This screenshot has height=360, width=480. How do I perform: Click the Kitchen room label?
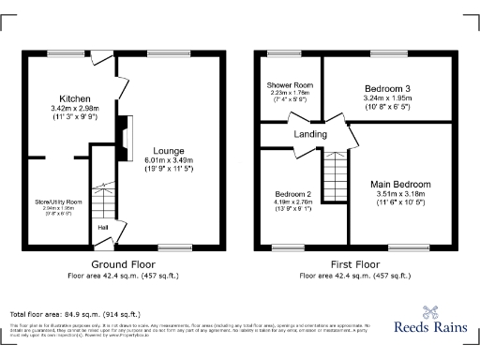coord(73,98)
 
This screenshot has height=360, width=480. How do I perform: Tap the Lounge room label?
coord(169,150)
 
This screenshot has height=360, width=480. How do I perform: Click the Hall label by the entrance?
coord(101,226)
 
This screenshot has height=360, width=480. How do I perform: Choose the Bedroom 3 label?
coord(386,89)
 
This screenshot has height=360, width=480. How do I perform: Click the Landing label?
coord(310,135)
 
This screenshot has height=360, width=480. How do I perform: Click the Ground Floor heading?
coord(122,265)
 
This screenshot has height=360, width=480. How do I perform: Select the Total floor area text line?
coord(75,313)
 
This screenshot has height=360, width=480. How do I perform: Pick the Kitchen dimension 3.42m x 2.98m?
coord(73,109)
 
